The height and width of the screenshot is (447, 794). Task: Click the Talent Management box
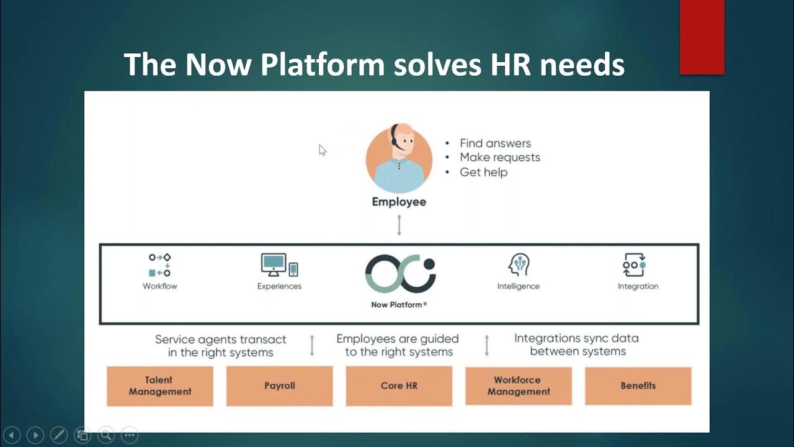[160, 386]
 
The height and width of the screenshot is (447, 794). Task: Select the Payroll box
[279, 386]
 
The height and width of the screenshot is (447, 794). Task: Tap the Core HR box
[399, 386]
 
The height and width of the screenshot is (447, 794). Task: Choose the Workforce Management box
[519, 386]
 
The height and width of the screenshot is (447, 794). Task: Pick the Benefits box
[638, 386]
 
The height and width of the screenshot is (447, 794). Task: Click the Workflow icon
[160, 265]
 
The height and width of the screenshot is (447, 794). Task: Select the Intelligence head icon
[518, 265]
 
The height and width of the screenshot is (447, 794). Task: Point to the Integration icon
[635, 265]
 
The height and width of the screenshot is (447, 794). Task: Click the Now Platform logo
[400, 274]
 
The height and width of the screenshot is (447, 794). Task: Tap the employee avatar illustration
[399, 158]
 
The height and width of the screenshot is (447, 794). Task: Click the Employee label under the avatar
[399, 202]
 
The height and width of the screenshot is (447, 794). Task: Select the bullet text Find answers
[495, 143]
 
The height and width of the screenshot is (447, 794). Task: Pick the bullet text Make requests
[500, 158]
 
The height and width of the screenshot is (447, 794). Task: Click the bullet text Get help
[483, 172]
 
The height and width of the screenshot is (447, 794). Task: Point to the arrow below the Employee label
[399, 225]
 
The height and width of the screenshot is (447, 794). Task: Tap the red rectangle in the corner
[702, 37]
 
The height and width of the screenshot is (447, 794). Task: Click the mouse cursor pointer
[322, 150]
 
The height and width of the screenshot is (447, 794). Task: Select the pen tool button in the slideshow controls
[58, 435]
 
